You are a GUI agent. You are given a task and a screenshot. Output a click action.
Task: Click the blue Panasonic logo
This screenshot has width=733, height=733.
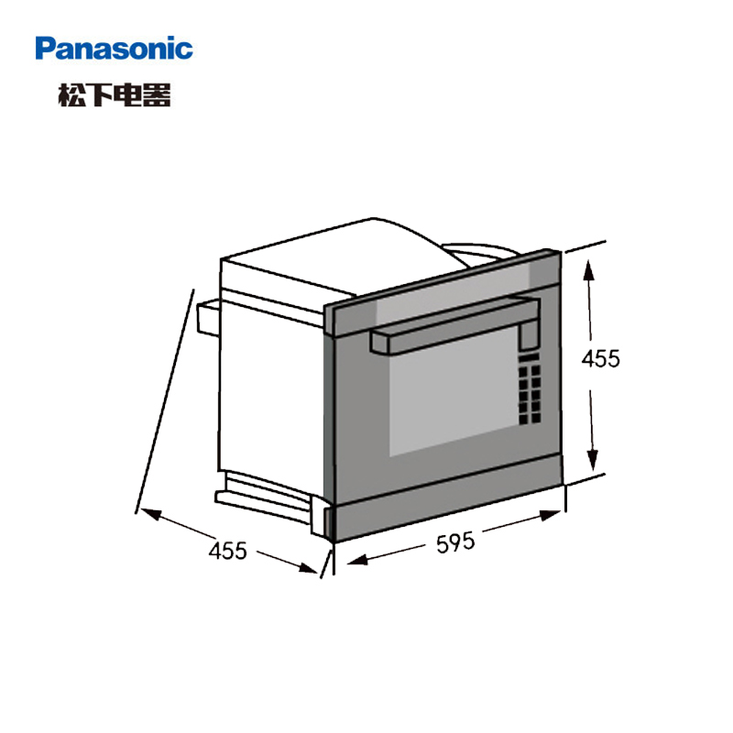click(x=115, y=49)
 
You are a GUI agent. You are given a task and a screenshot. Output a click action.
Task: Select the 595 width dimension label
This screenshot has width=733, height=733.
click(x=454, y=543)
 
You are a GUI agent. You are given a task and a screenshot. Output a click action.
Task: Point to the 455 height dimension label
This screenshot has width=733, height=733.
click(x=601, y=358)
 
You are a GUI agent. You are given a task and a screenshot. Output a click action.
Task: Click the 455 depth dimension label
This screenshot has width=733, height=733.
click(x=228, y=551)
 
